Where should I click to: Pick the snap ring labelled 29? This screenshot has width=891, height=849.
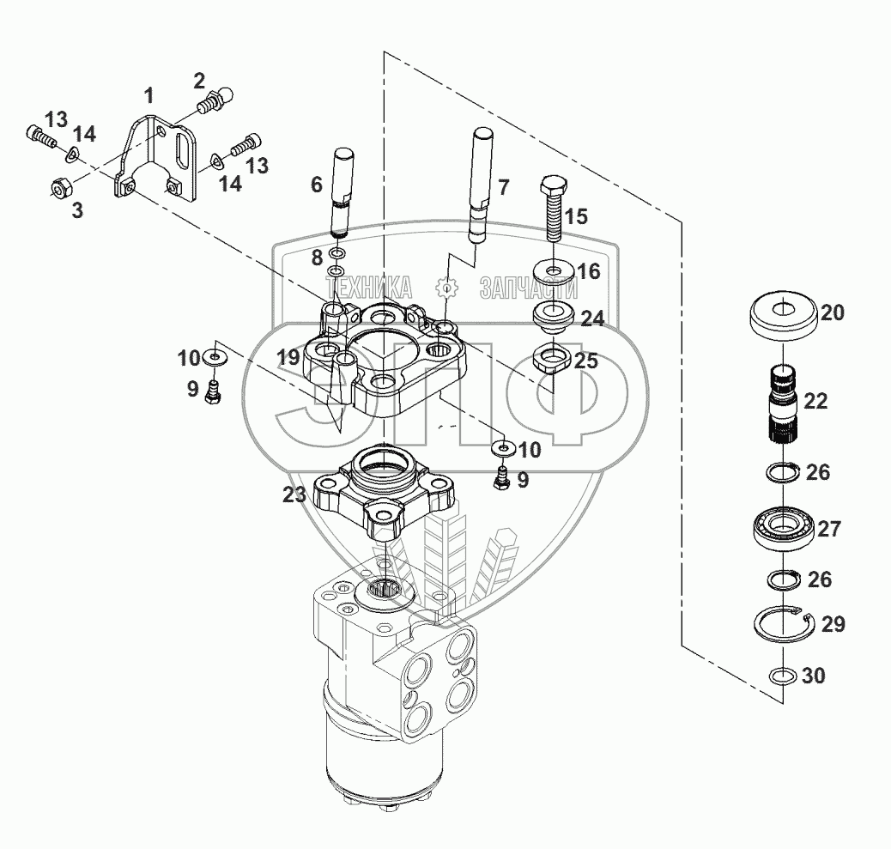coord(785,623)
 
